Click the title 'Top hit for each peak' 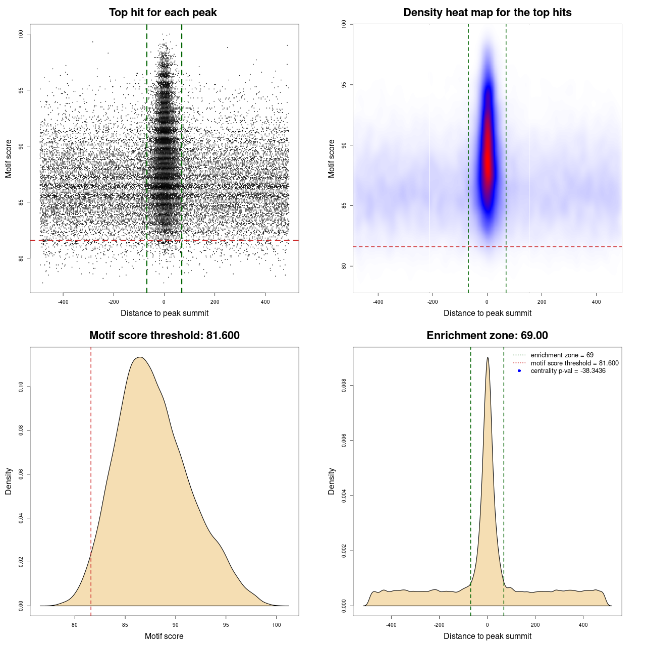click(163, 13)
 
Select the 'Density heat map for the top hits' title click(487, 13)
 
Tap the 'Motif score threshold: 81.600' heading click(164, 336)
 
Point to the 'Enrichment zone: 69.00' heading click(487, 336)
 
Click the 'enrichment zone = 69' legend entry click(562, 355)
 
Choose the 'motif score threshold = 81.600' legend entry click(574, 363)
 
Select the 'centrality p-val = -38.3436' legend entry click(568, 371)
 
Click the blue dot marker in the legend click(519, 371)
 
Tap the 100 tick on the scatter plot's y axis click(21, 34)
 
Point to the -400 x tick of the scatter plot click(63, 302)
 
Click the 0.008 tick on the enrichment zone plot click(344, 386)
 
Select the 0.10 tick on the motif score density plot click(21, 387)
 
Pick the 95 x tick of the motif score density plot click(226, 625)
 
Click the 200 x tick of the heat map click(542, 302)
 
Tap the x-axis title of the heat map click(487, 313)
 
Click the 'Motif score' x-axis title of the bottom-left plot click(164, 636)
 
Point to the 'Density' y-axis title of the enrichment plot click(332, 481)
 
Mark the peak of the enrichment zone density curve click(488, 358)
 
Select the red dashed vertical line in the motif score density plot click(91, 479)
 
